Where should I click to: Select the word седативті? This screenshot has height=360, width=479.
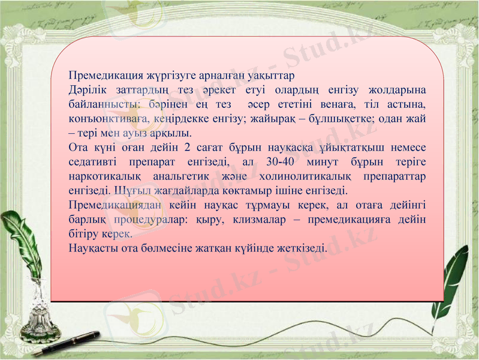click(92, 162)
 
